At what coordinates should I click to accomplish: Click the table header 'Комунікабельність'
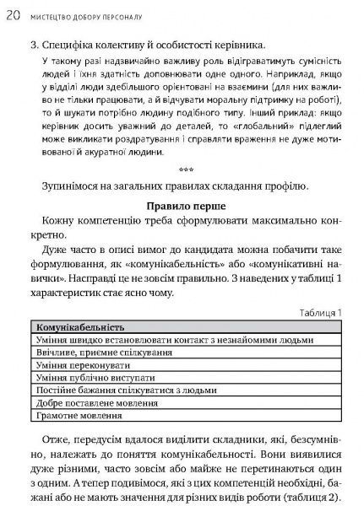click(81, 326)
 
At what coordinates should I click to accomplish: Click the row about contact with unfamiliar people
click(144, 339)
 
